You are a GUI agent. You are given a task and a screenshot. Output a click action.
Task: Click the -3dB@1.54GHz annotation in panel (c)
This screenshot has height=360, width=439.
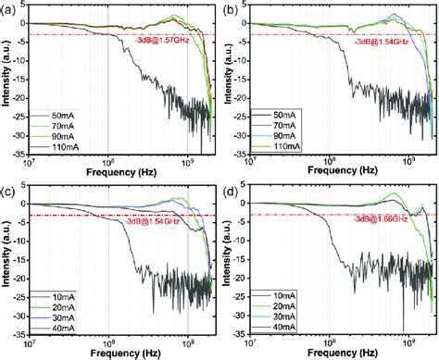click(151, 223)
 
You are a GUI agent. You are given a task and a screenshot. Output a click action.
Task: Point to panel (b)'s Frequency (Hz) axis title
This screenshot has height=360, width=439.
click(341, 172)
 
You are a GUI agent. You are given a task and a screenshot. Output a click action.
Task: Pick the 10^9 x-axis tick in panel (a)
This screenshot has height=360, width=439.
click(188, 160)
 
